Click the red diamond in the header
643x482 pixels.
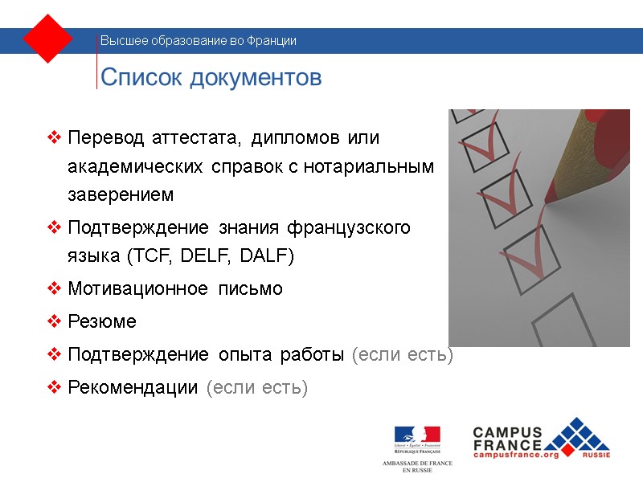[x=49, y=39]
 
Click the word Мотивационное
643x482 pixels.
[x=137, y=288]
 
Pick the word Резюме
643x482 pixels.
[x=102, y=321]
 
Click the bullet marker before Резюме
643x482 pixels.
[x=55, y=321]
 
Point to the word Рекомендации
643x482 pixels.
[x=133, y=387]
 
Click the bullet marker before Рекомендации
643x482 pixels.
[x=55, y=387]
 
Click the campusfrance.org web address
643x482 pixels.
[x=515, y=455]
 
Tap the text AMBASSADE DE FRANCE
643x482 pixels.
[x=417, y=464]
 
